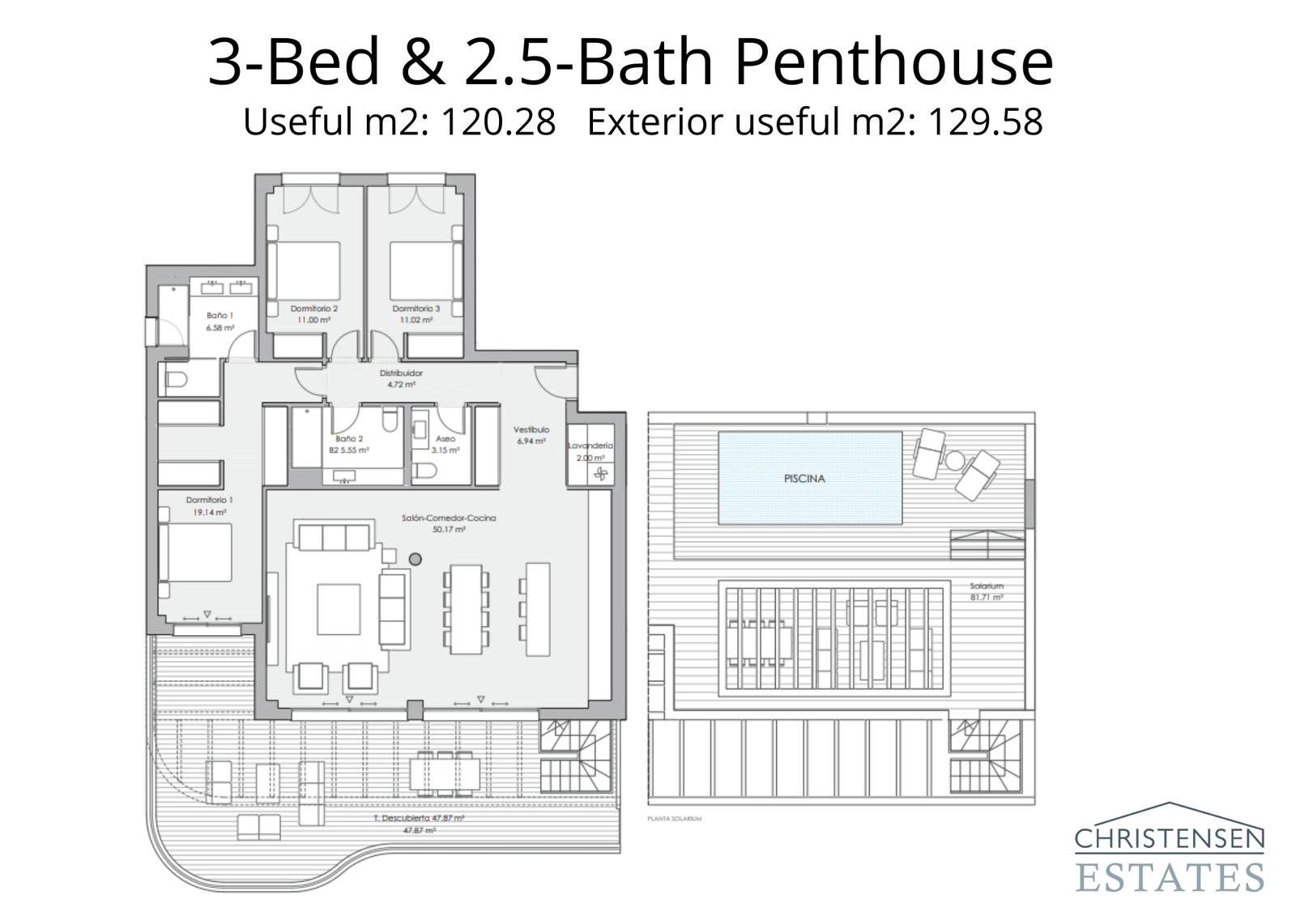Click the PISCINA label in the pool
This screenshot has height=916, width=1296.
click(x=804, y=479)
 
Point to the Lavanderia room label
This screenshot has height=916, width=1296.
click(x=590, y=446)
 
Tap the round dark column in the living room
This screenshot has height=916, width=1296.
click(x=416, y=559)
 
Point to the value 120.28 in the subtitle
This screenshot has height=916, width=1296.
click(x=497, y=123)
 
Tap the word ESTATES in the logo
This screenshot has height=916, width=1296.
click(x=1169, y=877)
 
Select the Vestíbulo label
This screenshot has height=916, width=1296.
click(x=531, y=430)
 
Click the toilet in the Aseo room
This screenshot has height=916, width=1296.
click(x=425, y=471)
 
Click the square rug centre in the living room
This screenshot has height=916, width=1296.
click(x=339, y=609)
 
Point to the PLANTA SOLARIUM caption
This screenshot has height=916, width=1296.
click(x=674, y=819)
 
